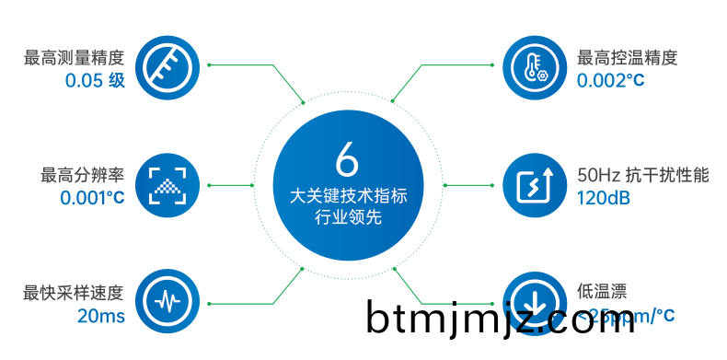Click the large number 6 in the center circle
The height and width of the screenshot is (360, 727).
pos(347,160)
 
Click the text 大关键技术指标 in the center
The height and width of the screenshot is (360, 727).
pos(348,196)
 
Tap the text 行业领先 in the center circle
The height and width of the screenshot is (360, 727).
pos(348,218)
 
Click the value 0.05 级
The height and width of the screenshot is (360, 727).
pos(94,81)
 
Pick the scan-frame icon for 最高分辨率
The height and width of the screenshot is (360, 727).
pos(168,184)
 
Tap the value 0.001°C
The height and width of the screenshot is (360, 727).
pos(92,197)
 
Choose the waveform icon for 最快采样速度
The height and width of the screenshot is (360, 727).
pos(168,300)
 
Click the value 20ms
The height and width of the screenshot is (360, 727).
pos(100,317)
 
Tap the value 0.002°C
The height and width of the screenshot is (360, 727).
pos(611,81)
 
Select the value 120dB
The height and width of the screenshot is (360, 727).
pos(603,197)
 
